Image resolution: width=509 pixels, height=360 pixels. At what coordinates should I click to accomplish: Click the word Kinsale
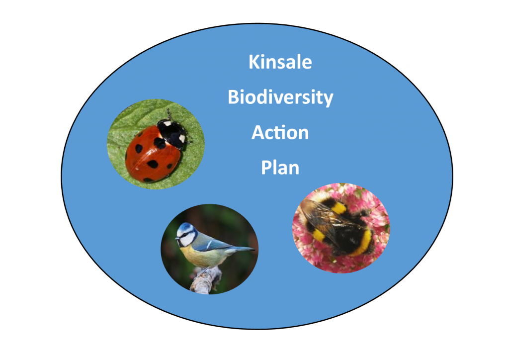[280, 62]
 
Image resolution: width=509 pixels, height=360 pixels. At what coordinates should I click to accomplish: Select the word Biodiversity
[280, 97]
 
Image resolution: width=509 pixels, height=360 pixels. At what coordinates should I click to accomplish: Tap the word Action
[280, 132]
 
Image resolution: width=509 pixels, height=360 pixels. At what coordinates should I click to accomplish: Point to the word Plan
[280, 168]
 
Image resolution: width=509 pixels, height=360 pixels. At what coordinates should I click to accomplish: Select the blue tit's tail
[242, 249]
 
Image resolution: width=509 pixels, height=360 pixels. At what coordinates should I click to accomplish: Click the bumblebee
[338, 226]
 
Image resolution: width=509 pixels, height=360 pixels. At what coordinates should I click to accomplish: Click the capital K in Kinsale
[254, 62]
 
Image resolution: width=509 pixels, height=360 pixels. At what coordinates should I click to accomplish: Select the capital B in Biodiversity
[234, 97]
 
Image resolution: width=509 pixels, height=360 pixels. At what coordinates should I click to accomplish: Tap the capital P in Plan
[266, 168]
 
